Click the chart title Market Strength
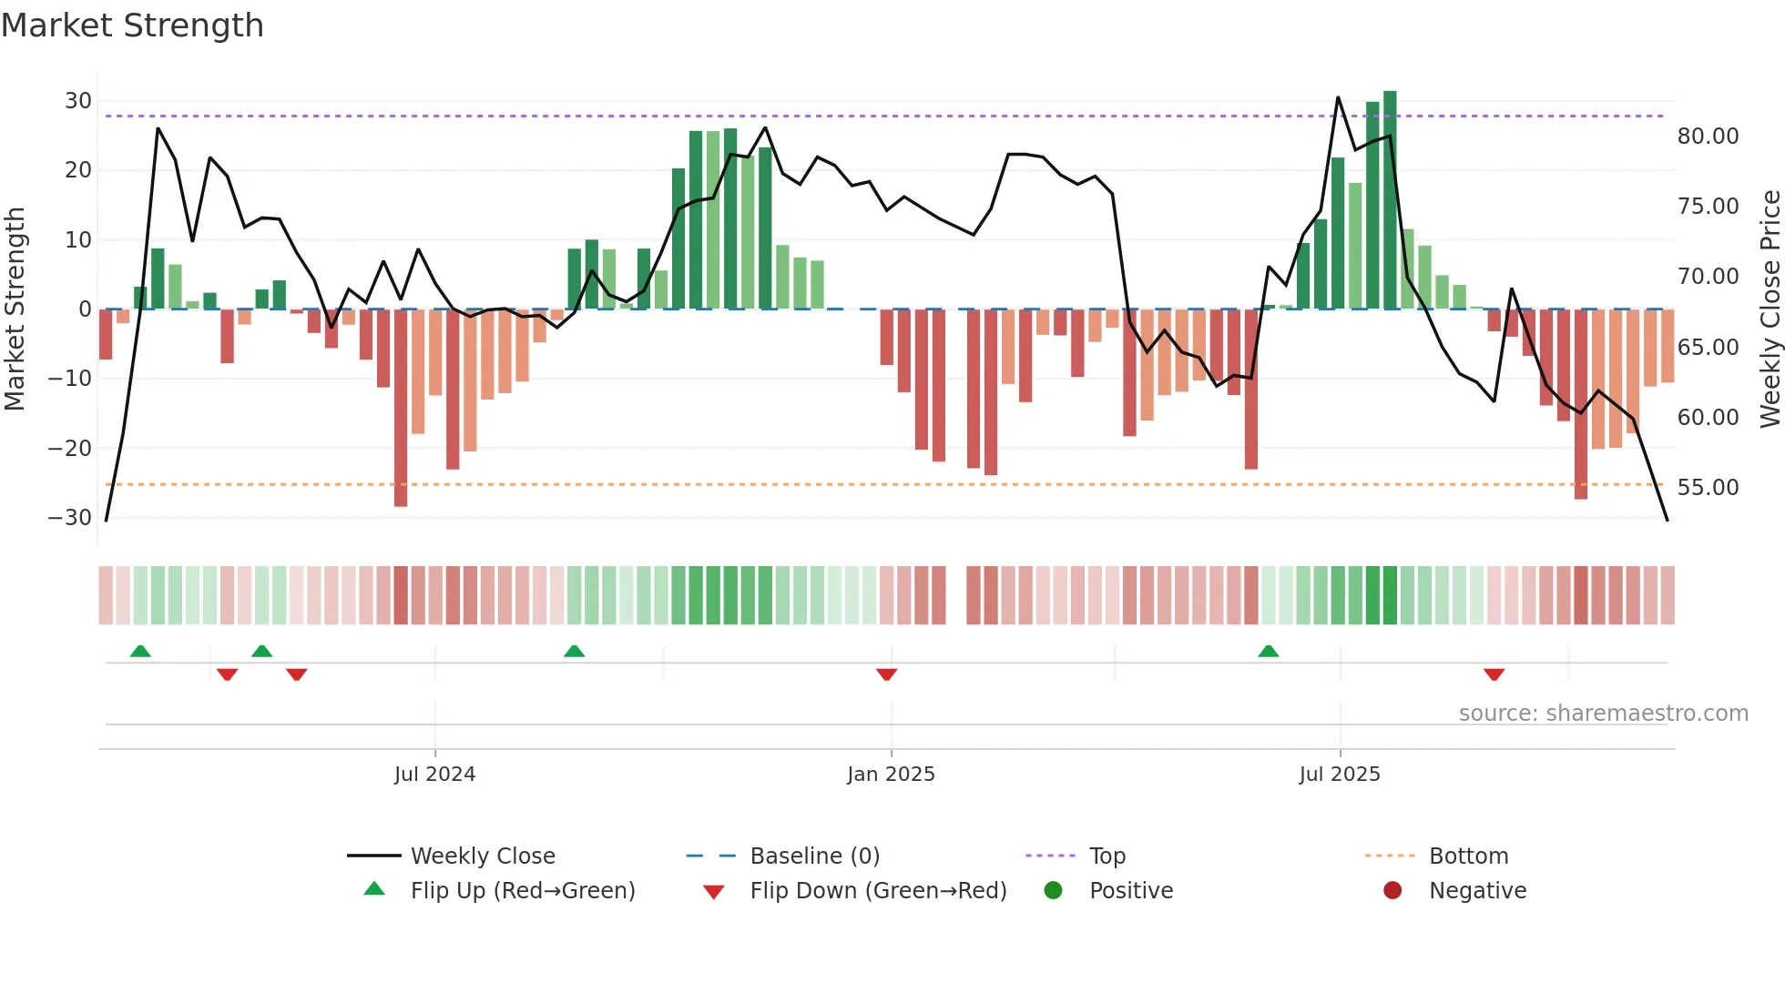[x=132, y=25]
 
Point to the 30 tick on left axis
[x=78, y=101]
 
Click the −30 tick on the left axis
[x=70, y=518]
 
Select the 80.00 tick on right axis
[x=1708, y=137]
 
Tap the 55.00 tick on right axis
[x=1708, y=488]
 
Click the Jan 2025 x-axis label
[x=891, y=775]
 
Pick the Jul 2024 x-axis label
[x=434, y=775]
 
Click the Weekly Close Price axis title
[x=1770, y=309]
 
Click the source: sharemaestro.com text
[x=1603, y=714]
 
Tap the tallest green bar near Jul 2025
[x=1390, y=200]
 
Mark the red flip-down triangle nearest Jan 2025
[x=887, y=674]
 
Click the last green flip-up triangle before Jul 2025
[x=1269, y=651]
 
